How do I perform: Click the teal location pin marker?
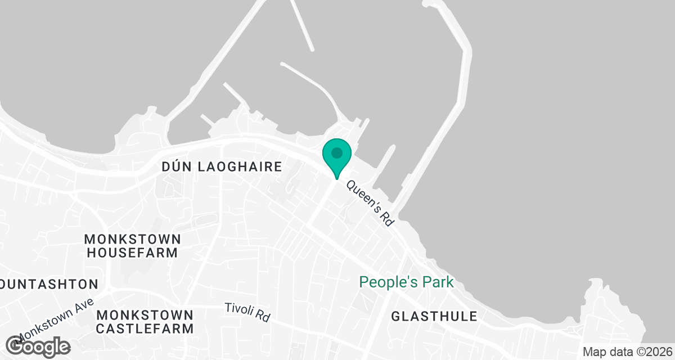[x=337, y=155]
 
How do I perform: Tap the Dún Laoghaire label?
[x=221, y=167]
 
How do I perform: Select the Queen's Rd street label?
[x=370, y=203]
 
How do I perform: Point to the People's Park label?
[x=406, y=282]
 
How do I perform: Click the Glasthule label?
[x=434, y=316]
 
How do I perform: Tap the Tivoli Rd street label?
[x=247, y=312]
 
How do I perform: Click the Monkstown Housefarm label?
[x=132, y=245]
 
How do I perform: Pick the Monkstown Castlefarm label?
[x=145, y=321]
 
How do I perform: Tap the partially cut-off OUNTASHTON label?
[x=49, y=283]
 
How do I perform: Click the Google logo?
[x=38, y=346]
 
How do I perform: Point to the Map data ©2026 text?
[x=627, y=352]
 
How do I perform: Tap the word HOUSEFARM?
[x=132, y=253]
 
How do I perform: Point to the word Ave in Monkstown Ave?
[x=84, y=304]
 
